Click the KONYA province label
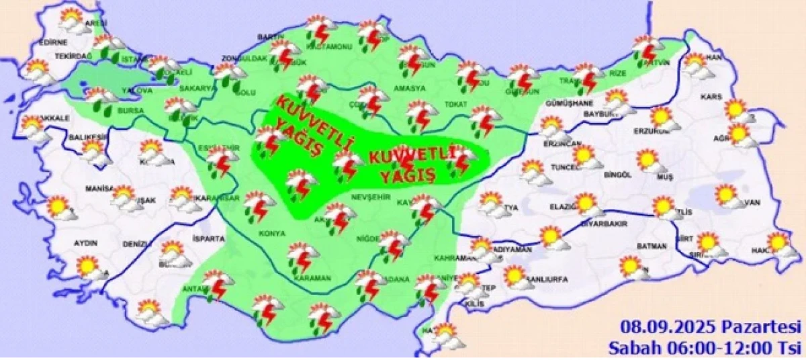coord(273,234)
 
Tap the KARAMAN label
coord(312,278)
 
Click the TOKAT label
coord(455,104)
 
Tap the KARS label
coord(711,97)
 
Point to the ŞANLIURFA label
coord(546,279)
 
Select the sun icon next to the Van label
coord(726,195)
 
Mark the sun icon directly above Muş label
coord(647,161)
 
